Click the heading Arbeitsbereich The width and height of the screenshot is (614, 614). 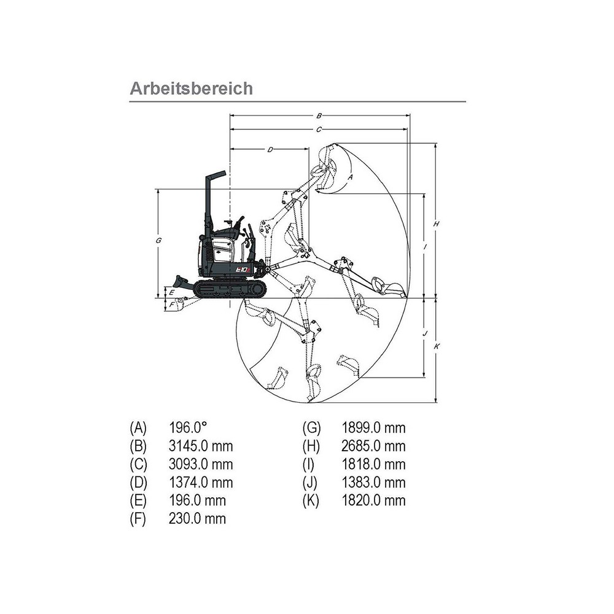click(x=191, y=88)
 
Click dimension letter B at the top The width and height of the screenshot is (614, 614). click(x=319, y=115)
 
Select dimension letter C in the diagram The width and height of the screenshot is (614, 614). click(x=319, y=130)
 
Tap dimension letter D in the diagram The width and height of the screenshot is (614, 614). click(x=270, y=149)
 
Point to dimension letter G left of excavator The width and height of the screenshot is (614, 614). click(x=158, y=241)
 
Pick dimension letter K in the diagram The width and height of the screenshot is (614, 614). click(x=436, y=346)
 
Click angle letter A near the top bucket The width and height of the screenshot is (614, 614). click(x=350, y=176)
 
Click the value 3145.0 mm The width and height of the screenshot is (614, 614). click(x=201, y=446)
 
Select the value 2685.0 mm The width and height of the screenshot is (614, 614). click(x=373, y=446)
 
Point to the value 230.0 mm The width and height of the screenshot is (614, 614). click(x=197, y=519)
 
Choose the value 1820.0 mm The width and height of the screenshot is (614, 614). click(x=373, y=500)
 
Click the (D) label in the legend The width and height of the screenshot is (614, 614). click(x=139, y=483)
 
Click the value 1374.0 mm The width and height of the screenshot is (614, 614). click(x=201, y=483)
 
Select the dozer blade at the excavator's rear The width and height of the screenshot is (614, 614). click(x=181, y=283)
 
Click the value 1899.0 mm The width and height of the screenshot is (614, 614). click(x=373, y=428)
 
